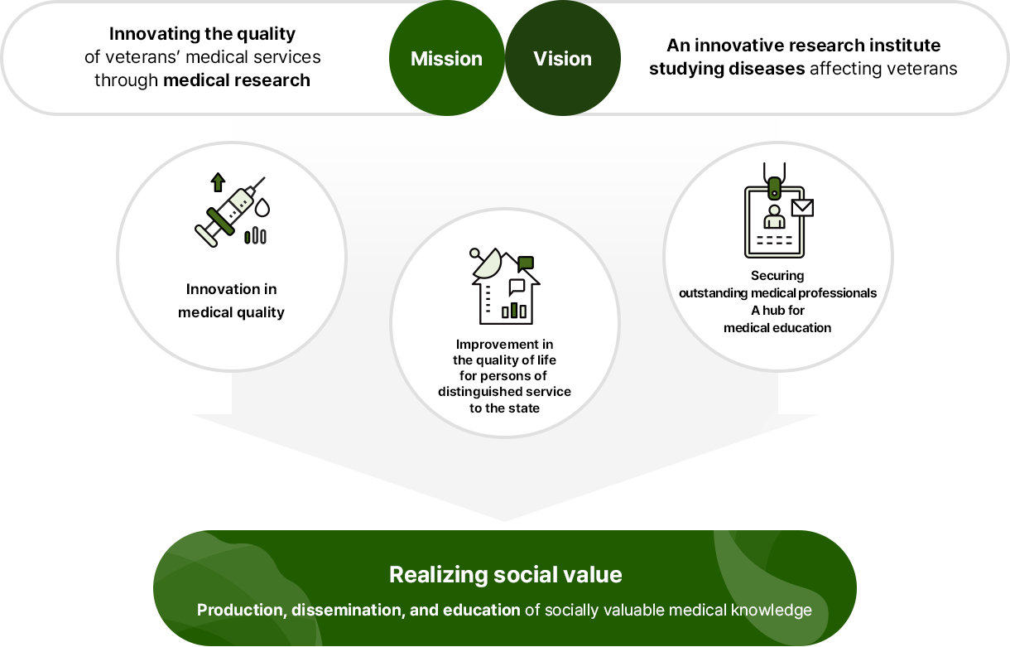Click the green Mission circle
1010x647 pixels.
click(446, 59)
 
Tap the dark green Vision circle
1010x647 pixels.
click(563, 59)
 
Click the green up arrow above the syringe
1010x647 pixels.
click(218, 181)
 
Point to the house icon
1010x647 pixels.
click(504, 287)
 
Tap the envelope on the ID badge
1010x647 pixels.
click(802, 207)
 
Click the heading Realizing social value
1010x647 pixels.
click(505, 574)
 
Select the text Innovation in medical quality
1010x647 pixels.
click(231, 301)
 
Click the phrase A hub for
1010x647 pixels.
click(777, 310)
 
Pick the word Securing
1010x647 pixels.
click(777, 275)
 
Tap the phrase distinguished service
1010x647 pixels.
click(504, 391)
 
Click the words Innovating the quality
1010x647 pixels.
click(202, 34)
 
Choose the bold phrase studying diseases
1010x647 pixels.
click(727, 68)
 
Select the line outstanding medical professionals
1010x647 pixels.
click(777, 292)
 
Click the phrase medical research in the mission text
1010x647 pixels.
click(237, 80)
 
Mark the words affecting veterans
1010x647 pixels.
click(883, 68)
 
